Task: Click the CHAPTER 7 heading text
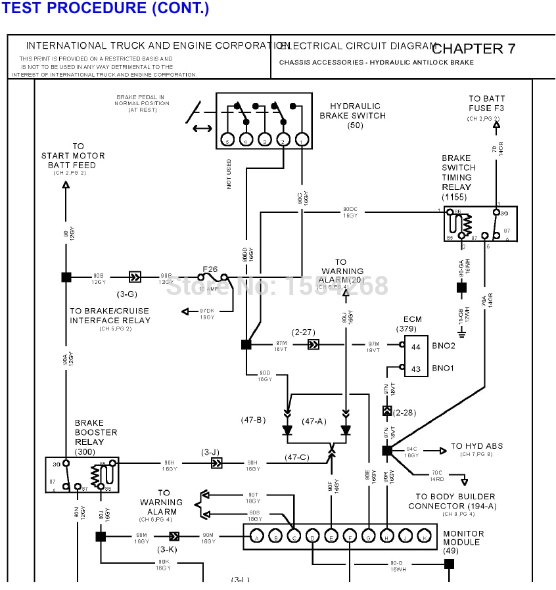click(x=474, y=49)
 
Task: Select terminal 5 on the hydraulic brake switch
click(x=227, y=140)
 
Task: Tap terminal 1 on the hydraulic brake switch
click(x=301, y=140)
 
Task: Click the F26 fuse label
click(x=210, y=269)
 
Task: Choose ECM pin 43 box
click(x=416, y=369)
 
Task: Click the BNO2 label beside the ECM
click(x=443, y=345)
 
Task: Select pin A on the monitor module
click(x=256, y=537)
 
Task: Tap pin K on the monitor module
click(x=425, y=537)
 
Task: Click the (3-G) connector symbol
click(x=135, y=277)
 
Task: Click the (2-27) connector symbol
click(x=314, y=344)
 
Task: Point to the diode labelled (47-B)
click(x=287, y=430)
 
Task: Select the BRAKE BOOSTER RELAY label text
click(x=96, y=432)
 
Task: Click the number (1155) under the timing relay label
click(x=455, y=196)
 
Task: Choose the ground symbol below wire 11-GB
click(x=461, y=334)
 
